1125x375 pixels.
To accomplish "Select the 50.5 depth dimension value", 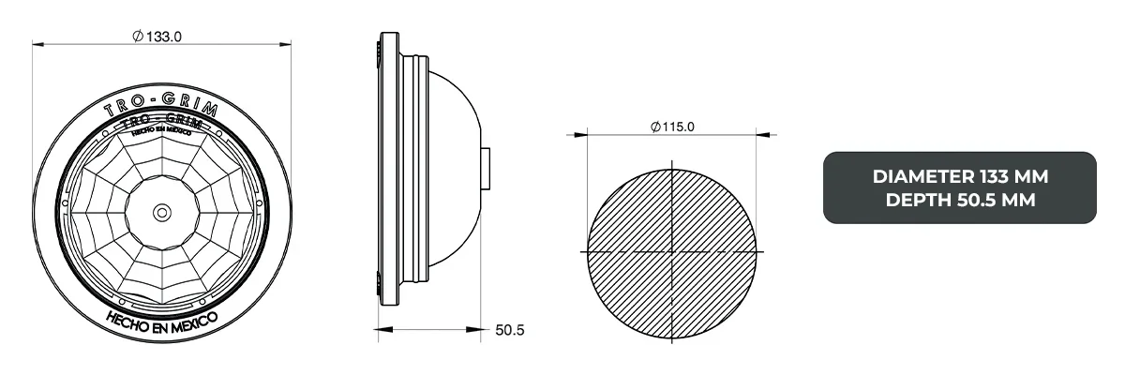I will (508, 330).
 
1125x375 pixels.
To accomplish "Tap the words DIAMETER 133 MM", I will (959, 176).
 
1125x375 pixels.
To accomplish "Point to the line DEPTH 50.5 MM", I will (959, 199).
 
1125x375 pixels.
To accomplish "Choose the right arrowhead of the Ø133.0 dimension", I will (288, 43).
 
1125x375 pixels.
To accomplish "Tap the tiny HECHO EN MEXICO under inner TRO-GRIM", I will (163, 134).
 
